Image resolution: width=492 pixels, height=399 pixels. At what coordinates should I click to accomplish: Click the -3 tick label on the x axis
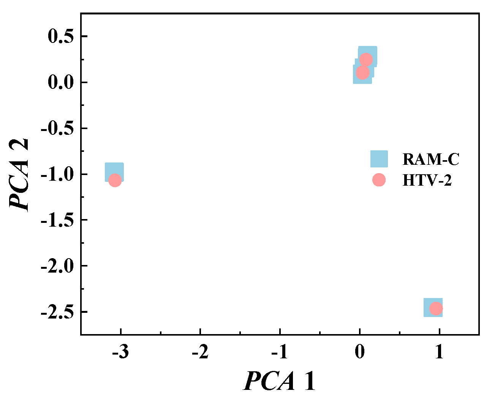click(x=120, y=352)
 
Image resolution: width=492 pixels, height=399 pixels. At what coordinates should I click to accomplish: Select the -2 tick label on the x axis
click(x=200, y=352)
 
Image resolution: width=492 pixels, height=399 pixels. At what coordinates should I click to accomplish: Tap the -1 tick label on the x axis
click(x=280, y=352)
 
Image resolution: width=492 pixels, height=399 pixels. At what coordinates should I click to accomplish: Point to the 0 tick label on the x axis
click(x=360, y=352)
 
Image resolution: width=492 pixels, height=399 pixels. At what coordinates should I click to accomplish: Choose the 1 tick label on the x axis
click(x=439, y=352)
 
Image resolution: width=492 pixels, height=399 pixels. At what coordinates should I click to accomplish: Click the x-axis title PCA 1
click(x=280, y=381)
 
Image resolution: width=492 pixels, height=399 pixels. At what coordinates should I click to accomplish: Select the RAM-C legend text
click(x=431, y=159)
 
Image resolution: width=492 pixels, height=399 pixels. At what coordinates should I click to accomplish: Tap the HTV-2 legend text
click(x=427, y=180)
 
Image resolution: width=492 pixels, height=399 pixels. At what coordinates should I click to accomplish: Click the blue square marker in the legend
click(x=379, y=159)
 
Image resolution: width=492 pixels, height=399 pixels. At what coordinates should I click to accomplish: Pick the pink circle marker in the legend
click(x=379, y=180)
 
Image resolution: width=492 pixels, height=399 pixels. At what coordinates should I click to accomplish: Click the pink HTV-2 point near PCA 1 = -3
click(x=115, y=180)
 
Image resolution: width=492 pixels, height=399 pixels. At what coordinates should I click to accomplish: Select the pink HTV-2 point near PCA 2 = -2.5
click(x=436, y=309)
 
